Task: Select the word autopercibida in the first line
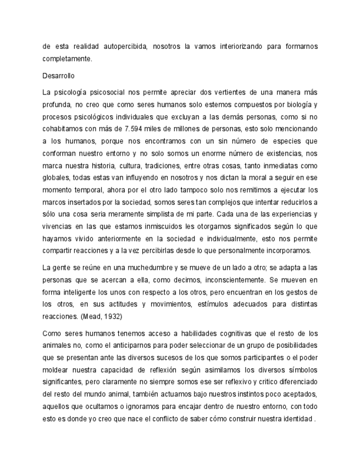(124, 46)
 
